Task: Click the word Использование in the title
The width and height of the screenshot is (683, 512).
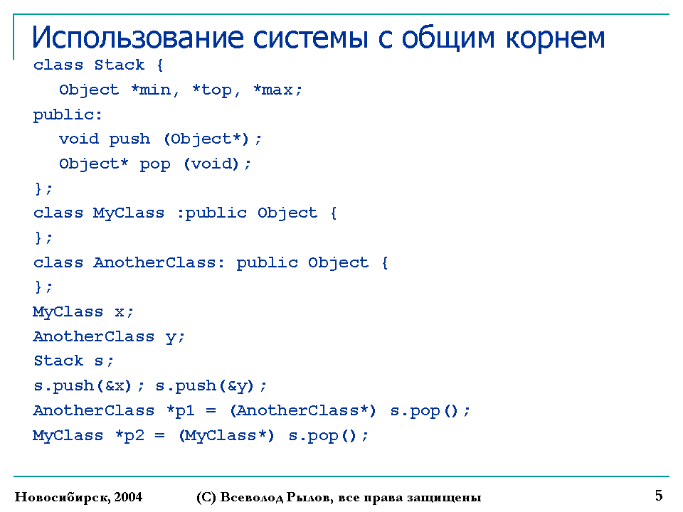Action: tap(137, 38)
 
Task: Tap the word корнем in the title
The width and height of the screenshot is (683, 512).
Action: tap(556, 38)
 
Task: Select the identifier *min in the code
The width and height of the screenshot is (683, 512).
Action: tap(150, 90)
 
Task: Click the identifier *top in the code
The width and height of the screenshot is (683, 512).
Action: tap(212, 90)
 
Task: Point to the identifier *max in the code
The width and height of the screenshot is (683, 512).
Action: tap(273, 90)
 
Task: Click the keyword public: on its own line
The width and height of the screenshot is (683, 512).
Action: tap(68, 115)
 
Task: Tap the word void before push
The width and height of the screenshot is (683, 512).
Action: tap(79, 139)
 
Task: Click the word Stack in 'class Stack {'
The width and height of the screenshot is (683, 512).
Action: tap(120, 65)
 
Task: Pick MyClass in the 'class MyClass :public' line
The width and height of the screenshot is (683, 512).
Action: tap(129, 213)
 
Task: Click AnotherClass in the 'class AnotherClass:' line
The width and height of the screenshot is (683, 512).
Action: tap(154, 262)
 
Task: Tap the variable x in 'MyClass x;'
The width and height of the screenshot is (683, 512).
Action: tap(120, 312)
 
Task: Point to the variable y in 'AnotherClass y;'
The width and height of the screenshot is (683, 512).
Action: tap(171, 337)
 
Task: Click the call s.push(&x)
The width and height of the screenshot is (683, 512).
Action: tap(83, 385)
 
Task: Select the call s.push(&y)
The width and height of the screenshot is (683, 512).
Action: tap(205, 385)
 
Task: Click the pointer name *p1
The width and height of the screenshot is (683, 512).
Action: tap(180, 410)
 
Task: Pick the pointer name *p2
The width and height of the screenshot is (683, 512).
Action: tap(129, 435)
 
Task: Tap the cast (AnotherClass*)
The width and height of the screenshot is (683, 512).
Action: tap(303, 410)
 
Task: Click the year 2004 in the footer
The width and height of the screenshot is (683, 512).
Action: tap(128, 497)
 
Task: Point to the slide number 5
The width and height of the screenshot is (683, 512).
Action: tap(659, 496)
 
